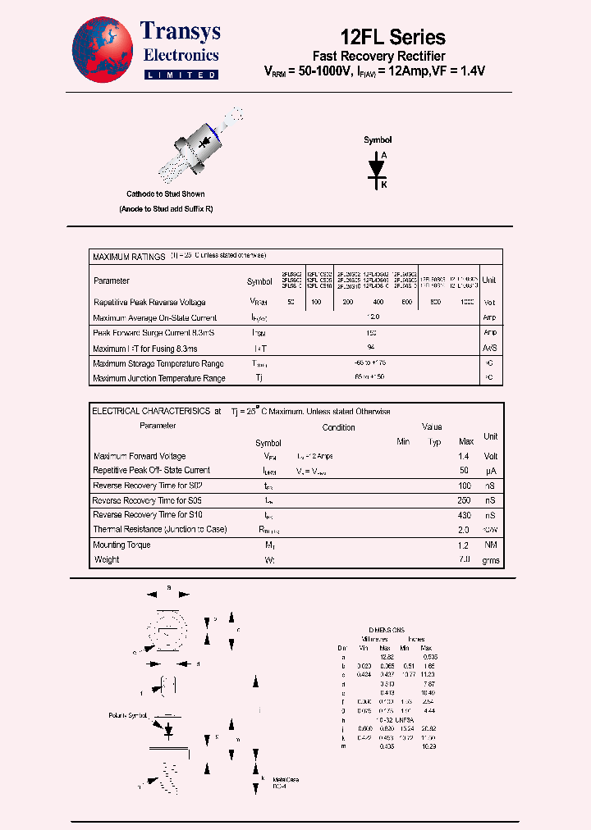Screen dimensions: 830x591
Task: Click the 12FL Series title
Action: pyautogui.click(x=392, y=37)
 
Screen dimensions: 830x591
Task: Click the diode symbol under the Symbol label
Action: pyautogui.click(x=378, y=167)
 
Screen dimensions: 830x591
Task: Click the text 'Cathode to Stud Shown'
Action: pyautogui.click(x=165, y=194)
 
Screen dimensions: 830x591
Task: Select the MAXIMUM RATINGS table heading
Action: pyautogui.click(x=129, y=257)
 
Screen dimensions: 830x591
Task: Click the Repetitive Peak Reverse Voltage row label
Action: pyautogui.click(x=149, y=303)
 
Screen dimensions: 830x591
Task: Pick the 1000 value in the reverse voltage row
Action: pyautogui.click(x=465, y=303)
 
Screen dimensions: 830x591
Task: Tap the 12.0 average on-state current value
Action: pyautogui.click(x=374, y=317)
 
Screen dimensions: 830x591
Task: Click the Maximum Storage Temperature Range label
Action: pyautogui.click(x=158, y=363)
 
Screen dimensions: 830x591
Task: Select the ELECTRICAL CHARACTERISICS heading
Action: pyautogui.click(x=151, y=411)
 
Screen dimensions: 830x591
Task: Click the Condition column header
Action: pyautogui.click(x=338, y=427)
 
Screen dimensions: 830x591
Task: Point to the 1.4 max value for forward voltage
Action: pyautogui.click(x=464, y=456)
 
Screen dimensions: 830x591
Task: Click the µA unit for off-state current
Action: pyautogui.click(x=490, y=471)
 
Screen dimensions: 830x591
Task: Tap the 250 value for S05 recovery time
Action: pyautogui.click(x=464, y=500)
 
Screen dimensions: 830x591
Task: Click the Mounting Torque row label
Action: pyautogui.click(x=121, y=545)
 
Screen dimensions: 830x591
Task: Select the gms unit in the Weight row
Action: pyautogui.click(x=490, y=560)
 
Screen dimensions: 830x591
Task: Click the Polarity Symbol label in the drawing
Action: pyautogui.click(x=127, y=715)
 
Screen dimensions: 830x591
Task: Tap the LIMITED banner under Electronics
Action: pyautogui.click(x=181, y=75)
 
